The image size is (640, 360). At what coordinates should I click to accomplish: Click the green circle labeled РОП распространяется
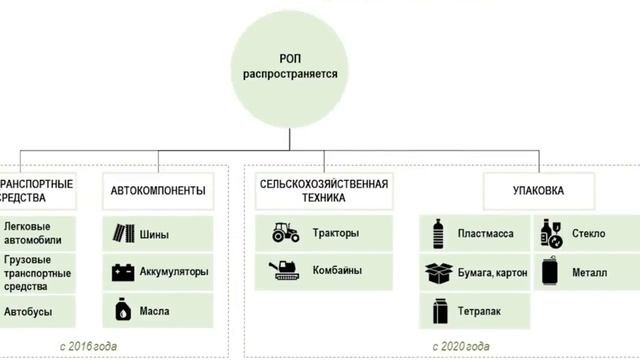(x=290, y=68)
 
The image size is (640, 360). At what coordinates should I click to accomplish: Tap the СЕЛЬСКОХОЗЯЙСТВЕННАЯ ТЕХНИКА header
(x=323, y=191)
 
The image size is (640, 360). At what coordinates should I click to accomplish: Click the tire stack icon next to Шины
(x=124, y=235)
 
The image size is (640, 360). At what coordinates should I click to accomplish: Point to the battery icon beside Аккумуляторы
(x=124, y=272)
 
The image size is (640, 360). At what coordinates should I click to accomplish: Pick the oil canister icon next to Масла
(x=124, y=309)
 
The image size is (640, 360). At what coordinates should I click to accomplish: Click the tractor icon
(x=285, y=234)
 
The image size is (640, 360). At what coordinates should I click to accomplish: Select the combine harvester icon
(x=285, y=269)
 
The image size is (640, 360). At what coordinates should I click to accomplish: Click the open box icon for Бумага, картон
(x=439, y=272)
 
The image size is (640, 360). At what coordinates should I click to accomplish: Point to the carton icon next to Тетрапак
(x=439, y=309)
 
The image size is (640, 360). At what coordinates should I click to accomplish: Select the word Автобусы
(x=28, y=311)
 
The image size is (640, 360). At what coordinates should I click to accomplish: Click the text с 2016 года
(x=62, y=346)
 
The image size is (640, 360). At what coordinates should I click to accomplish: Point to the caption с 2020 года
(x=461, y=346)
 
